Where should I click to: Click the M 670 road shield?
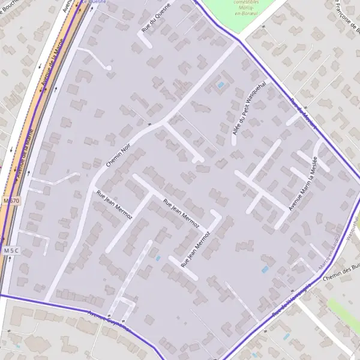point(11,200)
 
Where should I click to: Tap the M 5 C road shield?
point(11,250)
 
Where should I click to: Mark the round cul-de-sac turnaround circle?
point(109,68)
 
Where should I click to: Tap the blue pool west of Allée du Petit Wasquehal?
point(221,85)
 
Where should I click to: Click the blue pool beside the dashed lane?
point(158,258)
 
